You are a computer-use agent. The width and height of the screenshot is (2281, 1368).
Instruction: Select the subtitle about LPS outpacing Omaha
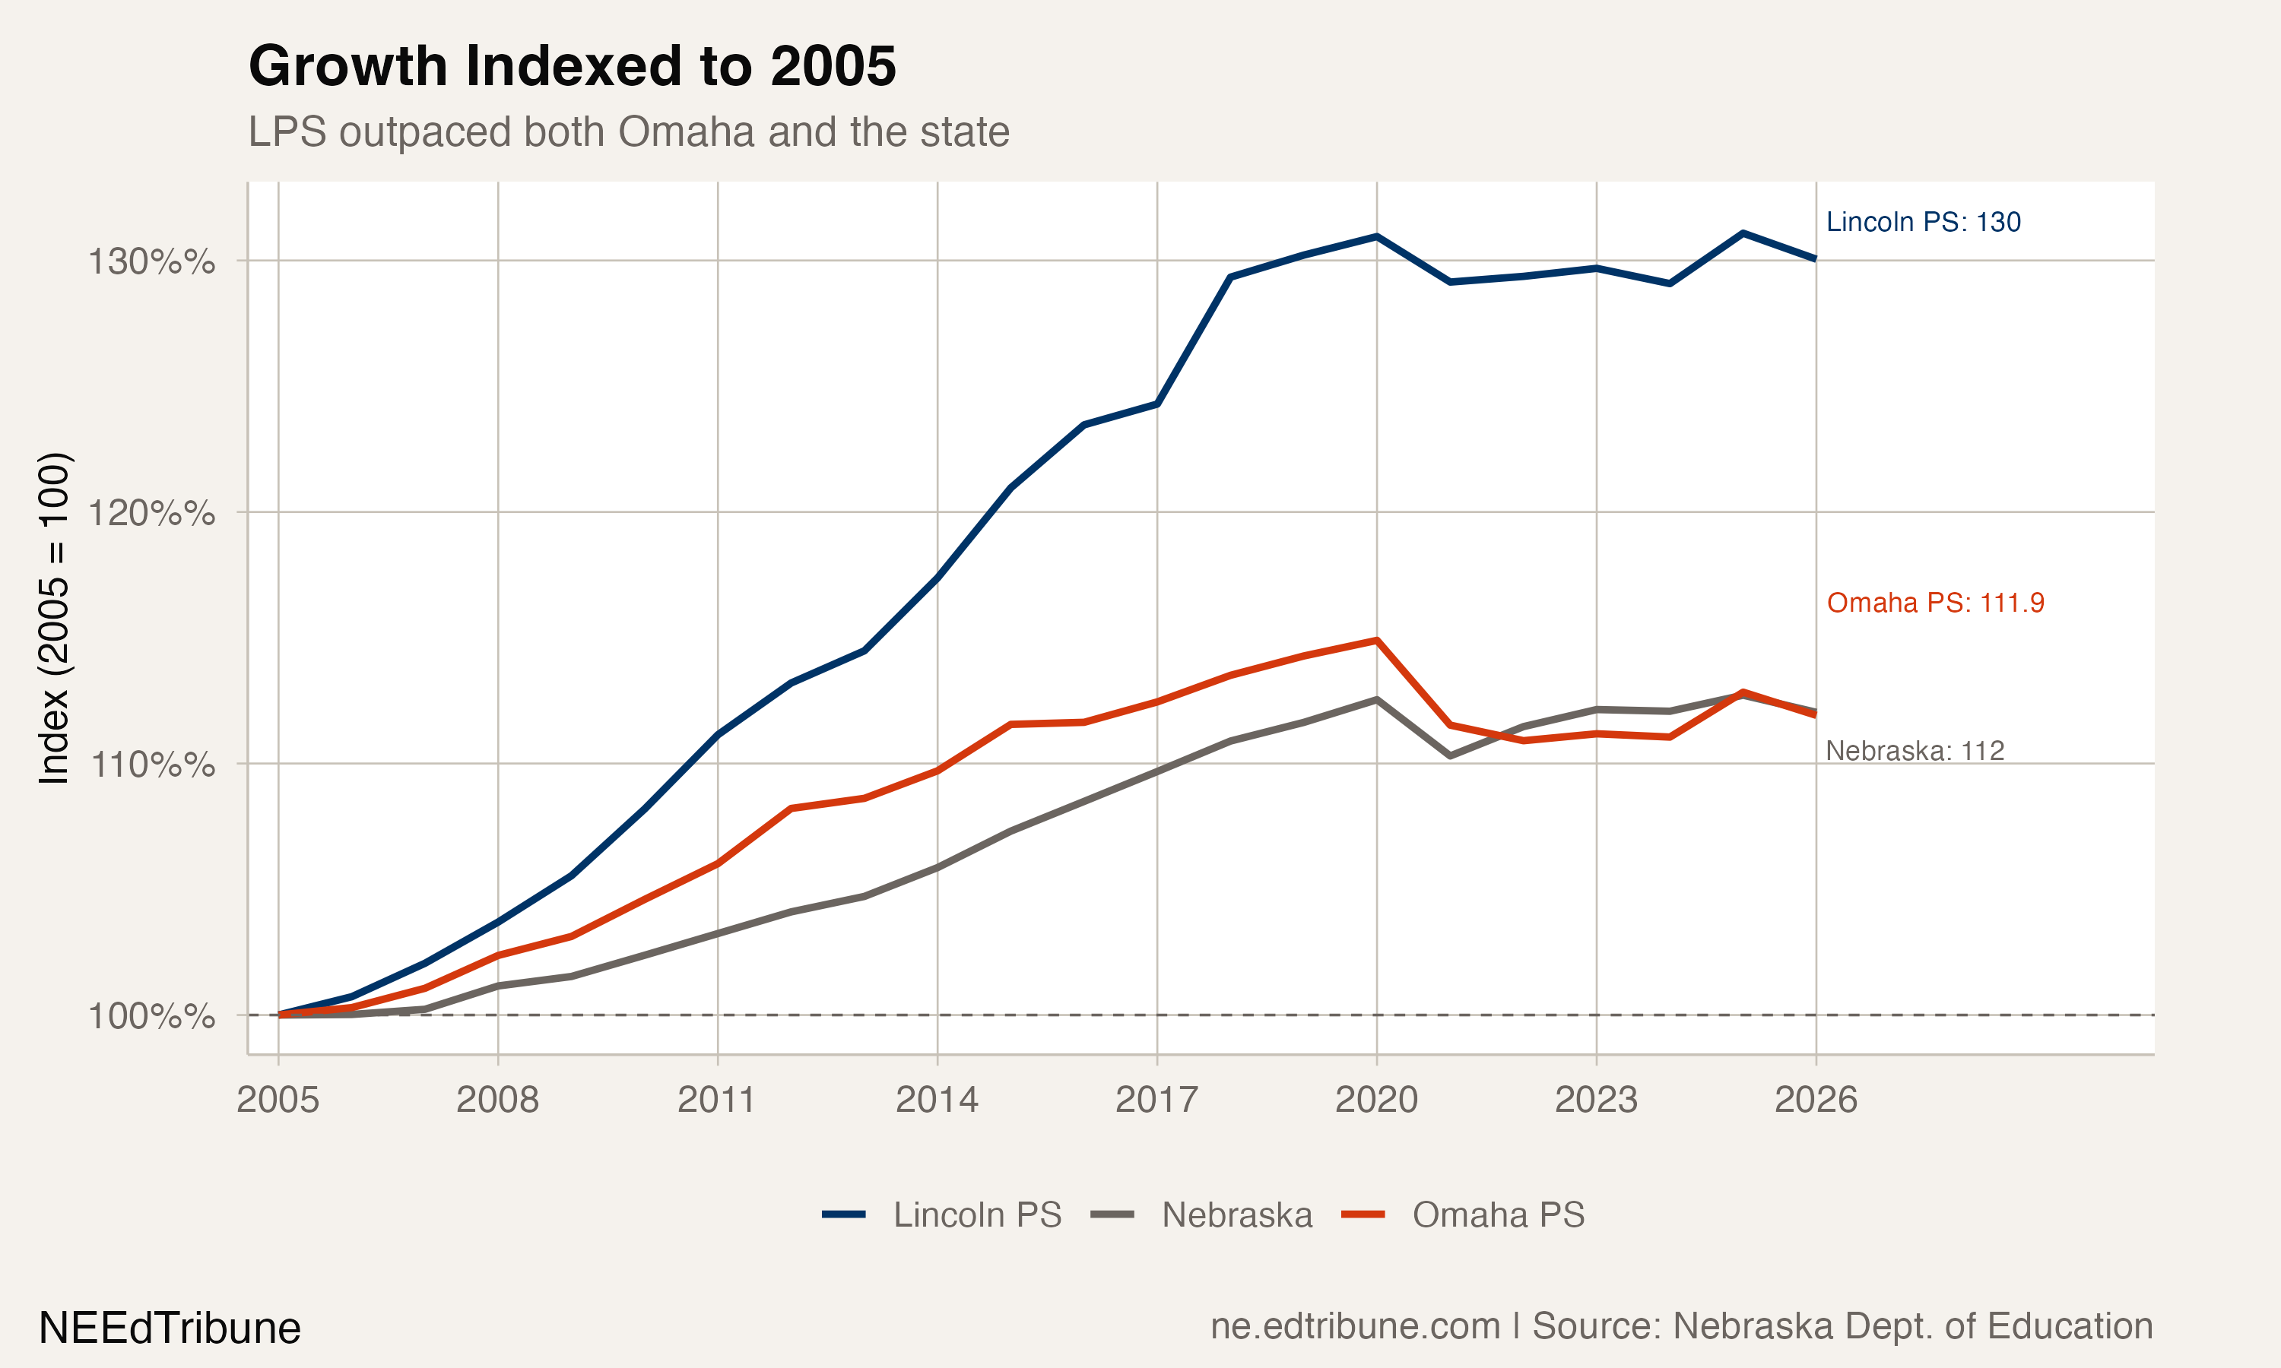point(629,131)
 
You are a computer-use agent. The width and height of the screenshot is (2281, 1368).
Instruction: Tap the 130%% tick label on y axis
point(151,261)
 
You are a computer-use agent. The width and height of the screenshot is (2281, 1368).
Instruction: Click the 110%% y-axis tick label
point(151,765)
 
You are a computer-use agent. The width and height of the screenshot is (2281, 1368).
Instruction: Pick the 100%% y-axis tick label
point(151,1016)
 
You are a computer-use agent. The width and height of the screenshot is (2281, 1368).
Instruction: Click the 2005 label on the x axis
point(278,1100)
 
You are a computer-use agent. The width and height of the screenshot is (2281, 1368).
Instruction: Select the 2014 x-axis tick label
point(937,1100)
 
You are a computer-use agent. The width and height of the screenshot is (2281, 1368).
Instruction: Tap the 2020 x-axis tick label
point(1376,1100)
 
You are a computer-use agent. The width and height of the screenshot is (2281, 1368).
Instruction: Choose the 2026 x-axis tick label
point(1816,1100)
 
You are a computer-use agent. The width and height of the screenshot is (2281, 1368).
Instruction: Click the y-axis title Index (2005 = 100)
point(53,619)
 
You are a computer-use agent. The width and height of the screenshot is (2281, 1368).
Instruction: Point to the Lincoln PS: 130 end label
point(1924,222)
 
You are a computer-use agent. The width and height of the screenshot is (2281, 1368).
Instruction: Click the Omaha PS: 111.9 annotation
point(1935,603)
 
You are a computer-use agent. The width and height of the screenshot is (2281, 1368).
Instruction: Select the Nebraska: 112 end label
point(1915,752)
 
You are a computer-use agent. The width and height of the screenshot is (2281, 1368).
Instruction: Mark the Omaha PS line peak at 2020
point(1376,640)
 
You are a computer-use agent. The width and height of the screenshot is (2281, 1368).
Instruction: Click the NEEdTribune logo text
point(170,1328)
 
